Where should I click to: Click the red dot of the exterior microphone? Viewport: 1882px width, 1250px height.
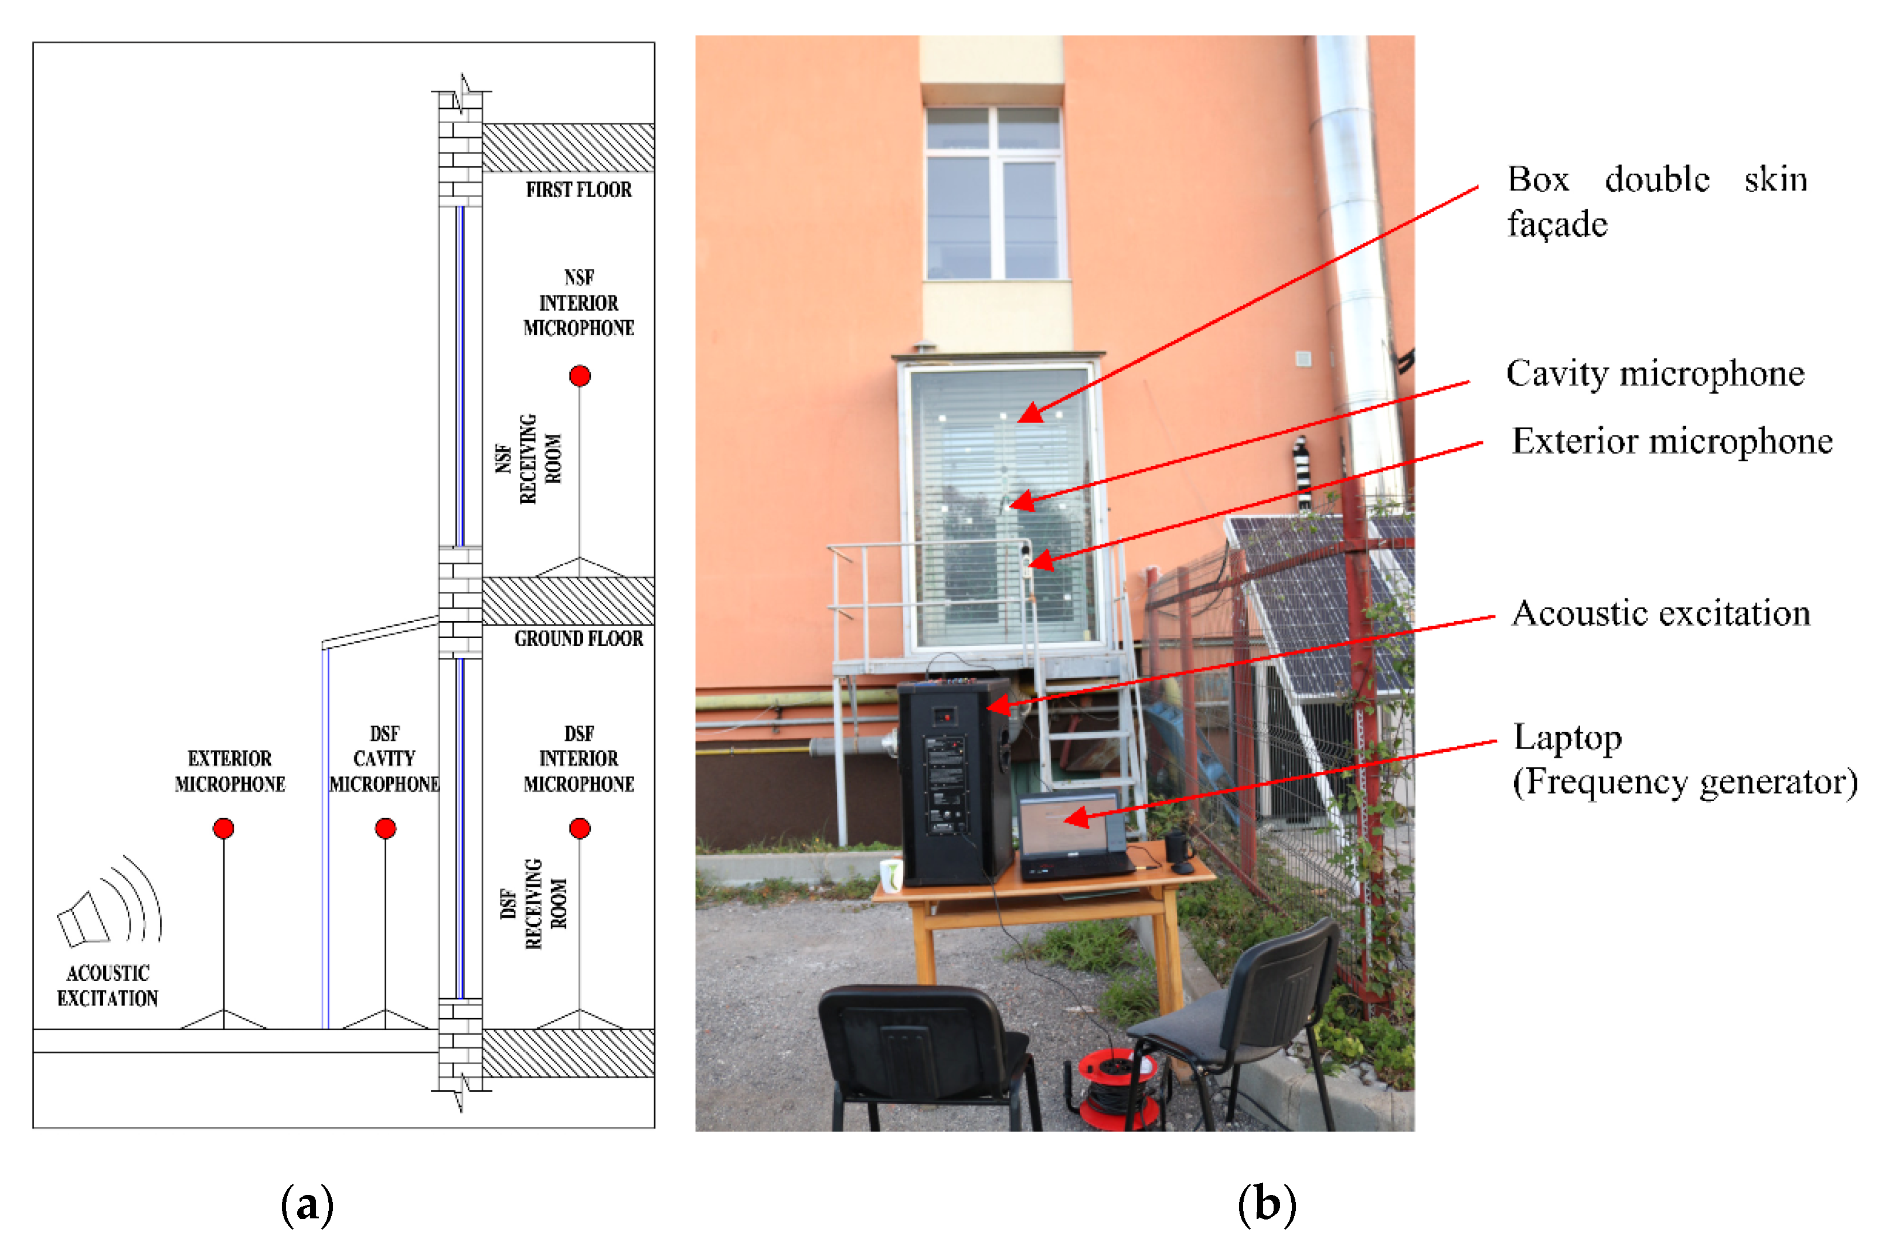(x=223, y=828)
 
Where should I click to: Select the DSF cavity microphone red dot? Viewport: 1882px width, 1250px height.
(x=385, y=828)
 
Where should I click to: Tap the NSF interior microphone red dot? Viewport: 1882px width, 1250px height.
(x=580, y=376)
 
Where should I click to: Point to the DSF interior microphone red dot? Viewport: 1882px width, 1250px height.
(x=580, y=828)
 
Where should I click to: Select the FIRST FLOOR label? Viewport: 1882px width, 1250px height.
(x=578, y=190)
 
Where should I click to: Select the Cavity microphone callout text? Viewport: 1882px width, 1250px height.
(x=1655, y=374)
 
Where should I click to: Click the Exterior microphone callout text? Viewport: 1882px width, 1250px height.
(x=1672, y=441)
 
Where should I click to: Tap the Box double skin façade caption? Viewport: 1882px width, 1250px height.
(x=1656, y=201)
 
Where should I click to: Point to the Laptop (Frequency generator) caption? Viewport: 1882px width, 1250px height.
(x=1684, y=759)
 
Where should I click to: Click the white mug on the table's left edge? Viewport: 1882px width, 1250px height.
(x=890, y=874)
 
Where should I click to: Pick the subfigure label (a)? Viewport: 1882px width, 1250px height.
(x=307, y=1204)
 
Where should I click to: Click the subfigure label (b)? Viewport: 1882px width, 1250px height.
(x=1266, y=1204)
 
